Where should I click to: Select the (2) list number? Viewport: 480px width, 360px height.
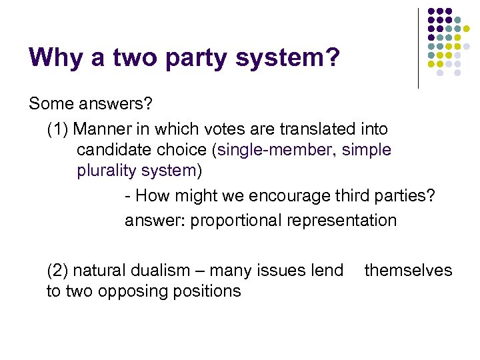coord(57,270)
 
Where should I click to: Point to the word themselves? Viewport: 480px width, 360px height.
coord(408,270)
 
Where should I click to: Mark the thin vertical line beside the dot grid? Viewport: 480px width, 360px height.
coord(418,48)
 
